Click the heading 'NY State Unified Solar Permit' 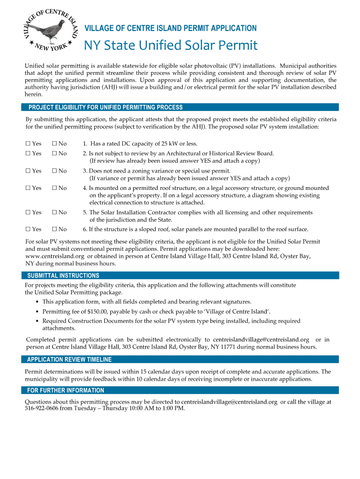point(170,45)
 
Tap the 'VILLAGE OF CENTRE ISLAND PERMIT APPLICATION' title point(170,28)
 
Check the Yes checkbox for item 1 point(28,144)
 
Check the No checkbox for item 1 point(54,144)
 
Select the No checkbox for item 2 point(54,153)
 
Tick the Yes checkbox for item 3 point(28,171)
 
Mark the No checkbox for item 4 point(54,188)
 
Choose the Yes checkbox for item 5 point(28,212)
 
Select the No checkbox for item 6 point(54,229)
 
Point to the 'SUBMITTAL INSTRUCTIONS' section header point(63,276)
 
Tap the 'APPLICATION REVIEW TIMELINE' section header point(69,360)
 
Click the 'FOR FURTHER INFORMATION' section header point(65,391)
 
